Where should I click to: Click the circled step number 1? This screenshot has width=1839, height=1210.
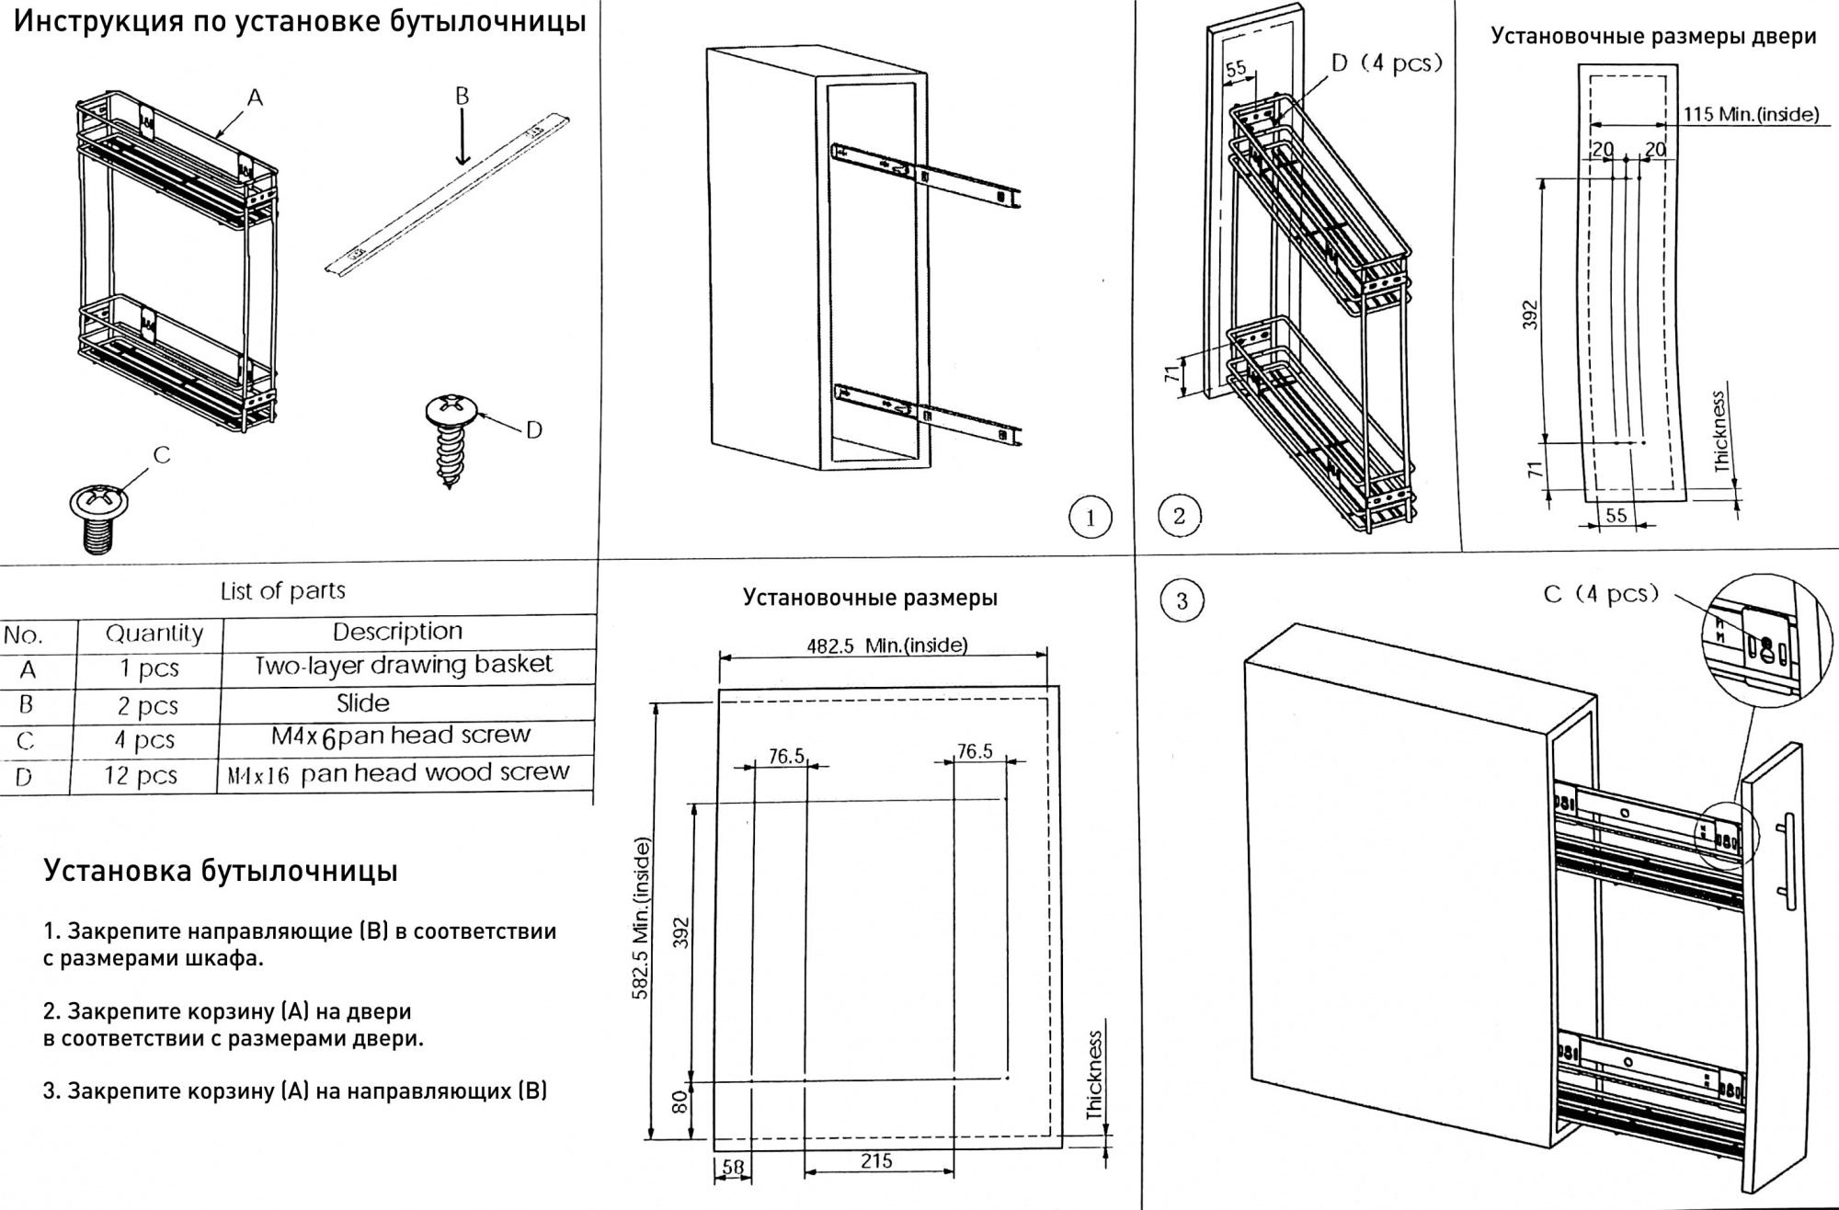pyautogui.click(x=1091, y=518)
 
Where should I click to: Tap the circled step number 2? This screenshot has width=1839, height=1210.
pyautogui.click(x=1180, y=515)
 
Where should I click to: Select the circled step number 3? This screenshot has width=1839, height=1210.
pyautogui.click(x=1182, y=601)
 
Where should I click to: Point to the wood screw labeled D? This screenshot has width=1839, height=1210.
pyautogui.click(x=450, y=438)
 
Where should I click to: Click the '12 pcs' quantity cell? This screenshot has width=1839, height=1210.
pyautogui.click(x=140, y=776)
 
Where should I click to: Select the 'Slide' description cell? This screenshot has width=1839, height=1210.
pyautogui.click(x=362, y=703)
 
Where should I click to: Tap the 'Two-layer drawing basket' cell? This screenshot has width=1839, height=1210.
pyautogui.click(x=404, y=665)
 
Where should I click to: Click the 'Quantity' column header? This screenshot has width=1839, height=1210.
pyautogui.click(x=154, y=633)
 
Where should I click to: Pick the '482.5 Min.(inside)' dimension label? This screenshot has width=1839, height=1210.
pyautogui.click(x=886, y=645)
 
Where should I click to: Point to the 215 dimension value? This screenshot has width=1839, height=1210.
pyautogui.click(x=876, y=1161)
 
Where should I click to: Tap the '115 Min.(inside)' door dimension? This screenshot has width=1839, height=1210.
pyautogui.click(x=1751, y=115)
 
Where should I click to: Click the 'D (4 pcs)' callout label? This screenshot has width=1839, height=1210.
pyautogui.click(x=1387, y=63)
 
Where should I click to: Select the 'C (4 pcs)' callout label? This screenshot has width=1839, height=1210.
pyautogui.click(x=1601, y=594)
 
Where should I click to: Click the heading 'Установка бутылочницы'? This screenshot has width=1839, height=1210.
pyautogui.click(x=221, y=871)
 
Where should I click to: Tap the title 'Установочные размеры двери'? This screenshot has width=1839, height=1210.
pyautogui.click(x=1653, y=36)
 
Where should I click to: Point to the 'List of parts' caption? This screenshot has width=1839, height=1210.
pyautogui.click(x=283, y=590)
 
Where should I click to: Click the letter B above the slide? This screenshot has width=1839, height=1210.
pyautogui.click(x=463, y=96)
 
